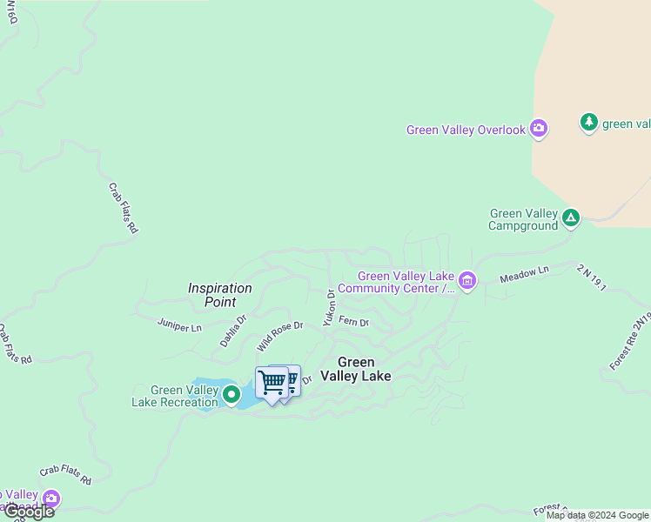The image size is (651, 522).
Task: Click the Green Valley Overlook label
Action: click(466, 130)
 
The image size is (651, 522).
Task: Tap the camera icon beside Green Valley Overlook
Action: click(539, 130)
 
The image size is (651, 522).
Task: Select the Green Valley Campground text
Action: click(523, 219)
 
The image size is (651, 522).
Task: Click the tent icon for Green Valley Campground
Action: click(571, 217)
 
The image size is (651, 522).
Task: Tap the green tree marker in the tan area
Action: click(589, 123)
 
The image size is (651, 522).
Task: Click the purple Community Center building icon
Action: click(467, 280)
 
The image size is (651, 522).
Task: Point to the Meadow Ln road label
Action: click(524, 275)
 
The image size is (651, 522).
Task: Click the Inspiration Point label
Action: click(220, 295)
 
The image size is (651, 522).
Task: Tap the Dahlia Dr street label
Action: click(232, 331)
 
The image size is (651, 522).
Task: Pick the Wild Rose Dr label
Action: click(279, 336)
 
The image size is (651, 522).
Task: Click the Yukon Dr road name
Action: click(329, 307)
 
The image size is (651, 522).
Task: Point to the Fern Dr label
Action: click(353, 322)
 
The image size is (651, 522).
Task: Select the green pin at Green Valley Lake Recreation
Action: click(232, 394)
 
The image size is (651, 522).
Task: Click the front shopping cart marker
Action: click(272, 382)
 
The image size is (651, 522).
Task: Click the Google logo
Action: click(28, 512)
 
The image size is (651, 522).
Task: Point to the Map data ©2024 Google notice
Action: click(597, 516)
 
